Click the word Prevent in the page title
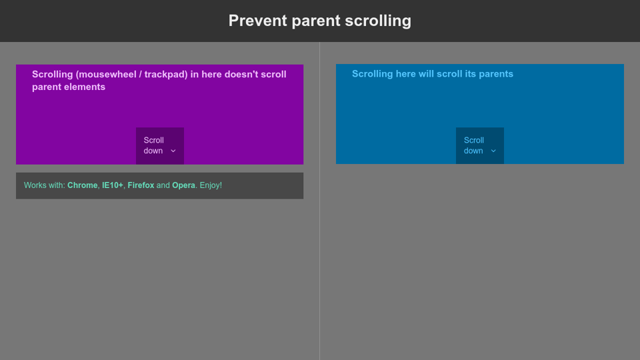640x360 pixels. click(x=258, y=21)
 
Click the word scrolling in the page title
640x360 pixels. click(x=378, y=21)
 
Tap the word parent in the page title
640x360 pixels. click(x=316, y=21)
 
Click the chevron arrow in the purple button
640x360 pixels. click(x=173, y=151)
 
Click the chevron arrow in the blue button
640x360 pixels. click(x=493, y=151)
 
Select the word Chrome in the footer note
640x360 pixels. click(x=83, y=185)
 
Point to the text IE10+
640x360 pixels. click(x=113, y=185)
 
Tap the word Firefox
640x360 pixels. click(x=141, y=185)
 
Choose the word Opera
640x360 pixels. click(x=184, y=186)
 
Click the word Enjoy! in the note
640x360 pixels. click(x=211, y=186)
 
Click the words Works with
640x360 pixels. click(x=45, y=185)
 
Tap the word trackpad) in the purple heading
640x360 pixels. click(x=166, y=75)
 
